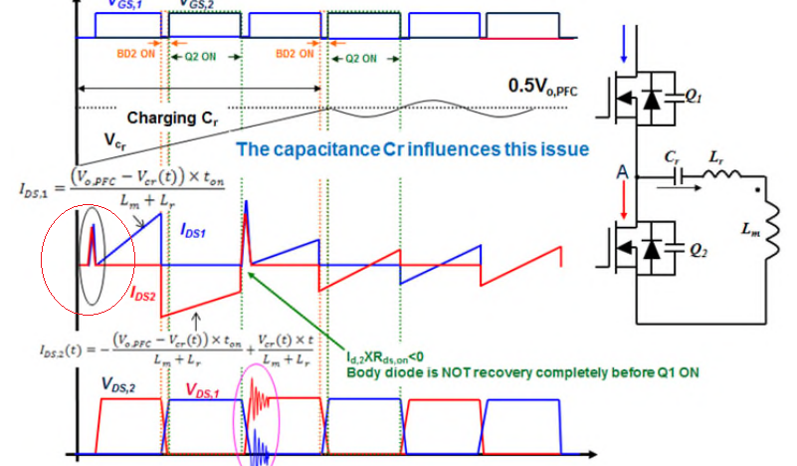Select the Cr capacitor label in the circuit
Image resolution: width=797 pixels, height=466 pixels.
pyautogui.click(x=671, y=156)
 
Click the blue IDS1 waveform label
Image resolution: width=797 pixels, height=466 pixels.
pyautogui.click(x=197, y=230)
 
